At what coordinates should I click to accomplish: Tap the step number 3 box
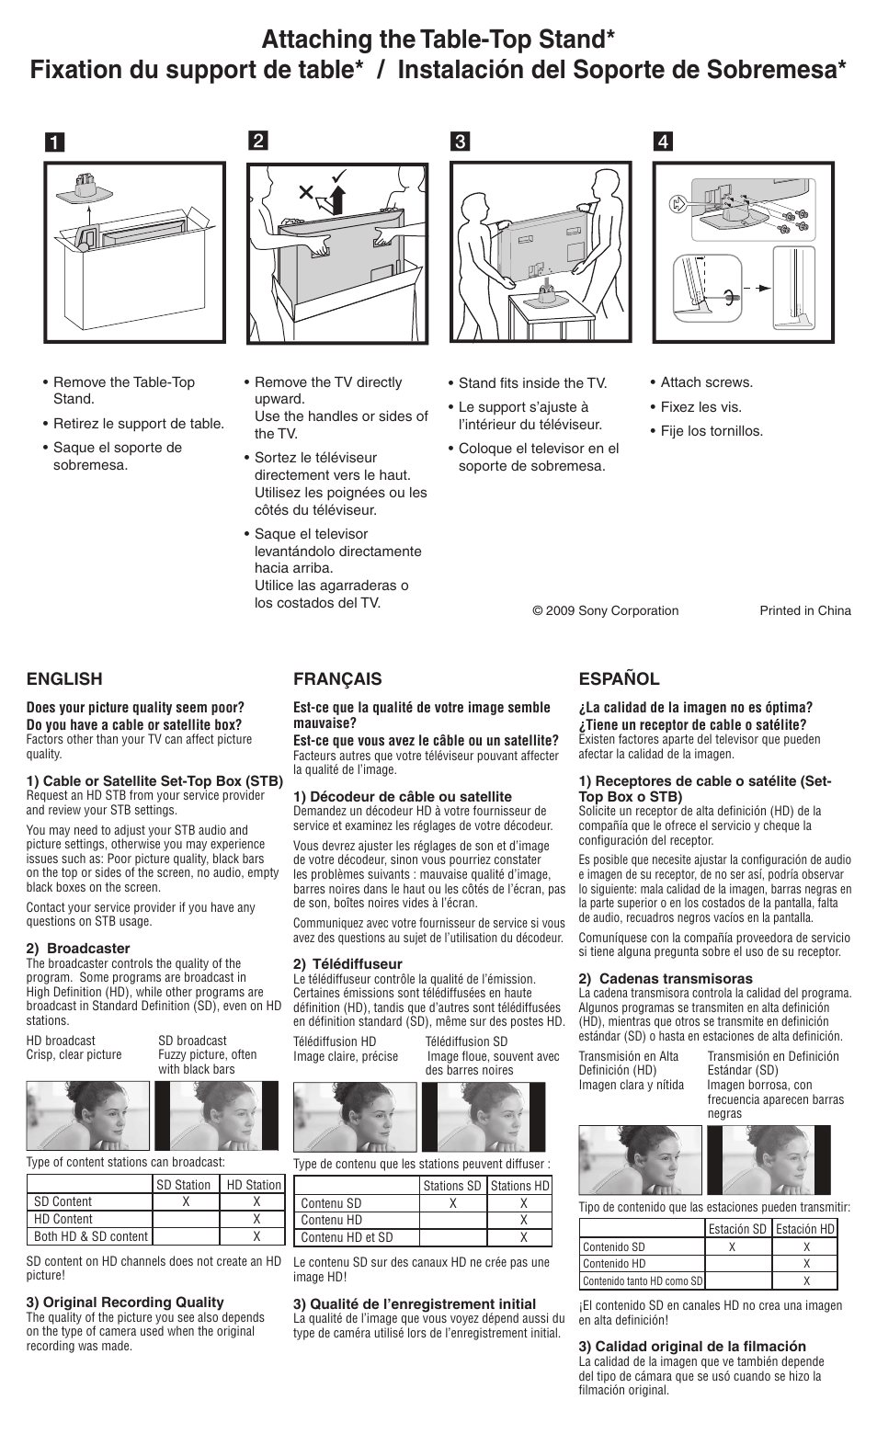click(x=459, y=142)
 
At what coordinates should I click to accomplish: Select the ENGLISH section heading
click(x=64, y=679)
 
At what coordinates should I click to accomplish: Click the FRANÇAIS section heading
click(x=336, y=679)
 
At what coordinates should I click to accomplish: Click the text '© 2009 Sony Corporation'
click(x=605, y=610)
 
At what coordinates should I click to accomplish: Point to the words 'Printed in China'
click(x=804, y=610)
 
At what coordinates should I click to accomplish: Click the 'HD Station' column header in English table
click(x=253, y=1185)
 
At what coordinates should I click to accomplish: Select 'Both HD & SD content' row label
click(x=90, y=1236)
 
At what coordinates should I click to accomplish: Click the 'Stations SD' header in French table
click(x=451, y=1186)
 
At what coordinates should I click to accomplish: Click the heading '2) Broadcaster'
click(x=78, y=948)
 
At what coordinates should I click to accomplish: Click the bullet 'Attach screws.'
click(x=706, y=382)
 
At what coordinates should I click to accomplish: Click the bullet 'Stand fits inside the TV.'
click(x=532, y=383)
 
